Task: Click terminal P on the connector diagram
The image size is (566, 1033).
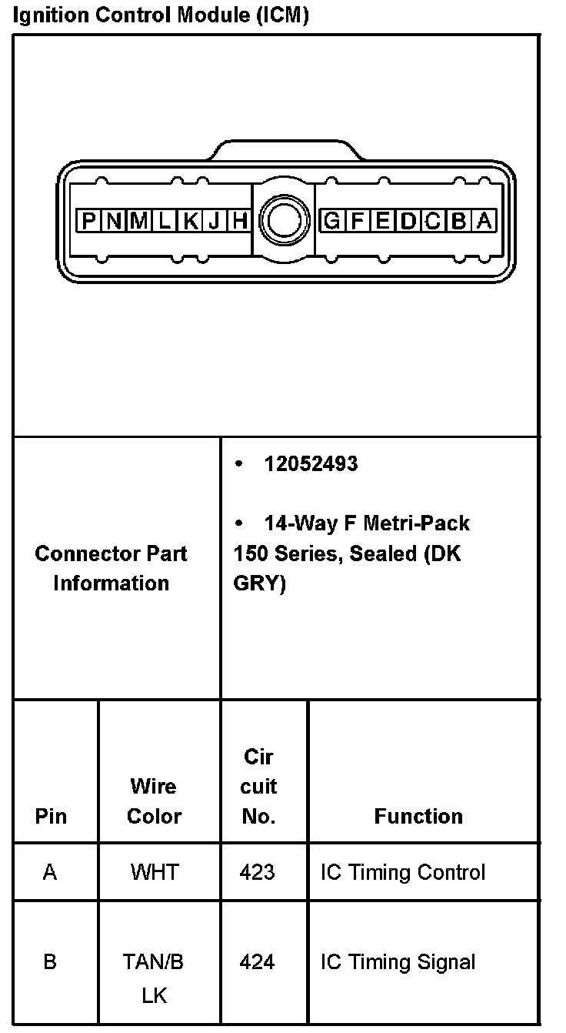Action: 88,222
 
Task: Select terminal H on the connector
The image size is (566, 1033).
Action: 240,222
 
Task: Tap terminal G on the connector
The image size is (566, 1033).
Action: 331,222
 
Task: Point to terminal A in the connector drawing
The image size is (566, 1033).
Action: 484,222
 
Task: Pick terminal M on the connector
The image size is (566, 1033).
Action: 138,222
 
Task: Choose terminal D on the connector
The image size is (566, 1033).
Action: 408,222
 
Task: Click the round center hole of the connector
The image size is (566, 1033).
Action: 285,222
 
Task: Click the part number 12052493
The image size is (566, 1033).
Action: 311,464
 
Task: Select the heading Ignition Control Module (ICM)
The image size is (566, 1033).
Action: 161,16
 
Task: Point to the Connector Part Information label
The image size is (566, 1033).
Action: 112,568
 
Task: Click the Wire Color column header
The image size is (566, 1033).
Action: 154,801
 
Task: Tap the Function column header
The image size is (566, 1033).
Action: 418,816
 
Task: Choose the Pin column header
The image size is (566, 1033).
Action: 51,816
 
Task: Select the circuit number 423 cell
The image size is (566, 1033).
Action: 257,872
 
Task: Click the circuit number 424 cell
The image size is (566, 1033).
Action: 257,962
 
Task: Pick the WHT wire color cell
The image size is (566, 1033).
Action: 154,872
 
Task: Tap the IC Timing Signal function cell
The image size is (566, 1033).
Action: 398,962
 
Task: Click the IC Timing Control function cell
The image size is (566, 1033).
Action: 403,872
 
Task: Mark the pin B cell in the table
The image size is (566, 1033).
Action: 50,962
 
